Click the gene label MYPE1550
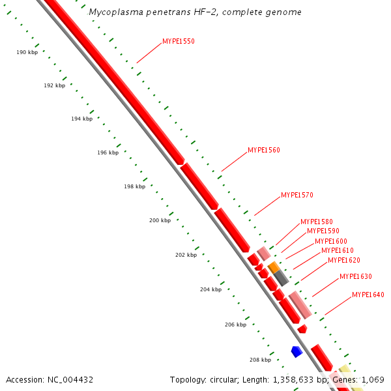coord(179,41)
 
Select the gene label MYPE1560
coord(264,150)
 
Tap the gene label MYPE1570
coord(297,195)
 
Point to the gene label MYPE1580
coord(317,222)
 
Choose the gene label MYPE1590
coord(323,231)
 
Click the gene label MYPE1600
coord(331,241)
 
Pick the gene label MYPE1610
coord(338,250)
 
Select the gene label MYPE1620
coord(344,260)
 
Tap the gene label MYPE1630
coord(356,276)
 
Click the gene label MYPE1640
coord(368,295)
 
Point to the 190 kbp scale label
coord(27,51)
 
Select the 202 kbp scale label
coord(186,255)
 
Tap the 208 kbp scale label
coord(260,359)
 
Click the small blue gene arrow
coord(297,351)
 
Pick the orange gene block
coord(274,267)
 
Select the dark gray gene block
coord(281,278)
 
